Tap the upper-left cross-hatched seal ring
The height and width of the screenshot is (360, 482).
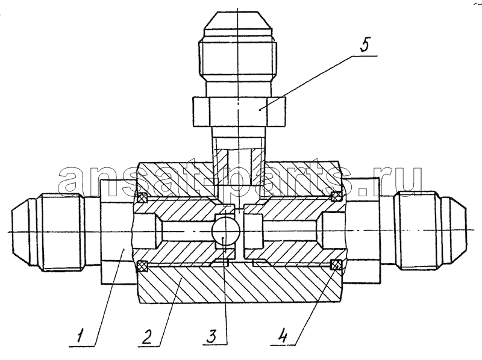142,197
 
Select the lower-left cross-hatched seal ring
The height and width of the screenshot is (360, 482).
142,266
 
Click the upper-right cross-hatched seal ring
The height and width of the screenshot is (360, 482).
336,196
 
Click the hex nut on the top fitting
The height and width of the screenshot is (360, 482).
239,111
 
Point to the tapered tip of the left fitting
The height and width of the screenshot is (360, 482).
21,232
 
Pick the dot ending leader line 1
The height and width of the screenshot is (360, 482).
123,249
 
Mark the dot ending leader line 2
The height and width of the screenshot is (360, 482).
181,278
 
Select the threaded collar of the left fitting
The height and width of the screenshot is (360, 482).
63,232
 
